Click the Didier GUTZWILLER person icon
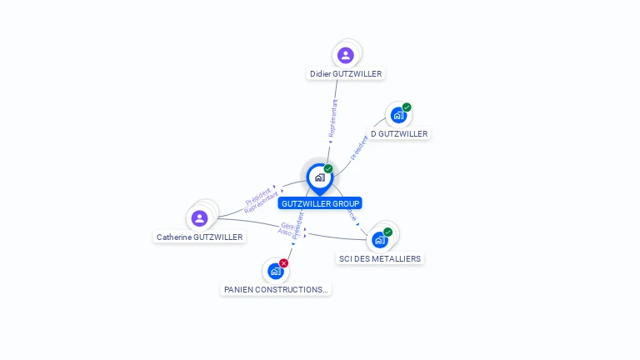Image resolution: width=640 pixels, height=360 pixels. tap(345, 55)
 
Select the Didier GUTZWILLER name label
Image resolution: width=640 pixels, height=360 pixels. tap(346, 73)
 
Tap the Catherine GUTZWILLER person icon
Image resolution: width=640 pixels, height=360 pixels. tap(199, 218)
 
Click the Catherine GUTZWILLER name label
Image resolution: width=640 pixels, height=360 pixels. tap(200, 237)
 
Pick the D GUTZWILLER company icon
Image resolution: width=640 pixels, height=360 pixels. tap(397, 116)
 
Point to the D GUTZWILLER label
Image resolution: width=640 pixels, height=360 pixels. tap(399, 133)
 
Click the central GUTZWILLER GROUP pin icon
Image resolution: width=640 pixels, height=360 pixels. tap(319, 177)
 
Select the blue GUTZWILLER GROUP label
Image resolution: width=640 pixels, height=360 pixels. tap(320, 203)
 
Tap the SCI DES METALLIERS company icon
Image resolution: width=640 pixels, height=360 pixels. tap(380, 240)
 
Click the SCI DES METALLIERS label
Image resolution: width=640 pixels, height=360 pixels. tap(380, 258)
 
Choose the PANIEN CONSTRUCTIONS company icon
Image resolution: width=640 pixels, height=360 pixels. tap(275, 271)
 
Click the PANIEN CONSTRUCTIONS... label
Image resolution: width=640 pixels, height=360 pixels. tap(277, 289)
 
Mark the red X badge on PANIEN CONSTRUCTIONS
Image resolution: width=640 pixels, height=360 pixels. tap(283, 263)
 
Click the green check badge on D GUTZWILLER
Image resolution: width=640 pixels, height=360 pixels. tap(407, 107)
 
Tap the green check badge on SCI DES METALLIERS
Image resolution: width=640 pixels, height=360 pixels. tap(387, 232)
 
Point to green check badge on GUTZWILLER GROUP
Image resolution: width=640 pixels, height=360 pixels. tap(328, 169)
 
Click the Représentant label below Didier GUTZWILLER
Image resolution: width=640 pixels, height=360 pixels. tap(333, 118)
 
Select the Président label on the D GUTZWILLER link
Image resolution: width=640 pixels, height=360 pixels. tap(358, 147)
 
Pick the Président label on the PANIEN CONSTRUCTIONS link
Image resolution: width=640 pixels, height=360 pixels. tap(298, 226)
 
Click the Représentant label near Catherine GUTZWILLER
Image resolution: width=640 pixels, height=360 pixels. tap(262, 203)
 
